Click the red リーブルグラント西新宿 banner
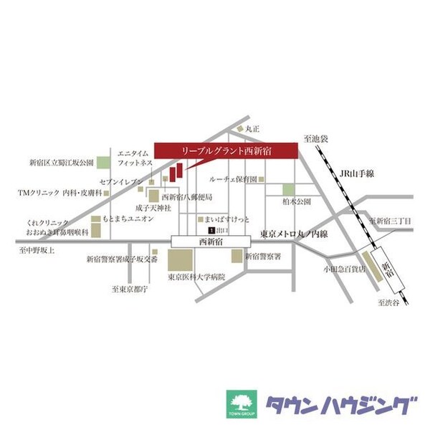tap(226, 150)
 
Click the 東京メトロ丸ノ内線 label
tap(294, 234)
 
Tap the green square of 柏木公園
tap(287, 189)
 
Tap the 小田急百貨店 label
tap(343, 269)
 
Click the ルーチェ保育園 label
tap(233, 180)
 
